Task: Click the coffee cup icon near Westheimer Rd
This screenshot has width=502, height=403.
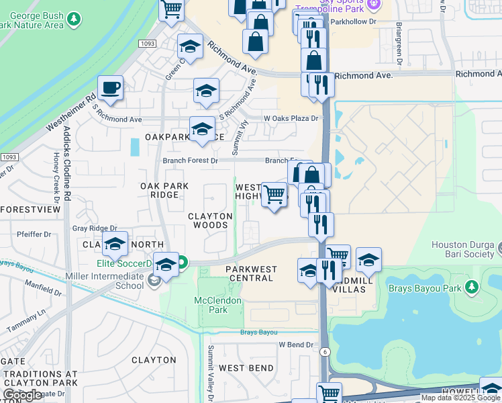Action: tap(110, 88)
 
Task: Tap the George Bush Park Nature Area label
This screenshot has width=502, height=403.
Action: tap(34, 19)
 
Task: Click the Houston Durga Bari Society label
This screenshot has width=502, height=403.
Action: tap(466, 251)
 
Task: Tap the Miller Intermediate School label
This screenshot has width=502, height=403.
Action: tap(105, 280)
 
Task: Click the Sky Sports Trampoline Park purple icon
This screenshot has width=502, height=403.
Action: tap(374, 5)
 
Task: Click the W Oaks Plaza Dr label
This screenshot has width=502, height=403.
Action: tap(291, 118)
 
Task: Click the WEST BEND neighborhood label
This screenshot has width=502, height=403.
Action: tap(246, 368)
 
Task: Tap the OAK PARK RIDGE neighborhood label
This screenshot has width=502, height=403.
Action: tap(159, 190)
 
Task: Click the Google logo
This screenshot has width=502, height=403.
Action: tap(22, 395)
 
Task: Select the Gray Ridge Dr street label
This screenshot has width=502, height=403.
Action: tap(95, 228)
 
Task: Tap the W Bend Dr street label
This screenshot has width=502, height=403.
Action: tap(296, 345)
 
